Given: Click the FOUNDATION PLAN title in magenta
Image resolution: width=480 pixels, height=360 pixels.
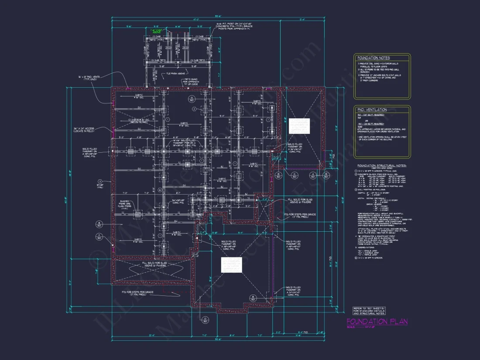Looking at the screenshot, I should click(x=377, y=322).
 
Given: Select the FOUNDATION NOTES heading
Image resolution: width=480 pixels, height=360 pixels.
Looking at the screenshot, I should click(x=374, y=58).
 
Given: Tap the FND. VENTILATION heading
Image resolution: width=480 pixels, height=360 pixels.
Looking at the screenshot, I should click(x=372, y=110).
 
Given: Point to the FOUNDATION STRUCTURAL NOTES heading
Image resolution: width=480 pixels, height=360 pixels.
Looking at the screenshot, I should click(x=382, y=166).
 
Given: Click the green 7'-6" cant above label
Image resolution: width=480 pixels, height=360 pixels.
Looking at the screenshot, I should click(x=156, y=31).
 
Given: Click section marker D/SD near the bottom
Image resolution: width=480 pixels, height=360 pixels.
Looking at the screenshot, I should click(x=205, y=320).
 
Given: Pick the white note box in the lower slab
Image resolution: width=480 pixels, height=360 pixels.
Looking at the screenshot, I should click(x=231, y=265).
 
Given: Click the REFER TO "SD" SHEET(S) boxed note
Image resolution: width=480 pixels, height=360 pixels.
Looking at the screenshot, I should click(x=369, y=311).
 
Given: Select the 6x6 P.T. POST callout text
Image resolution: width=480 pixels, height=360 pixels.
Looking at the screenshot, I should click(x=233, y=27).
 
